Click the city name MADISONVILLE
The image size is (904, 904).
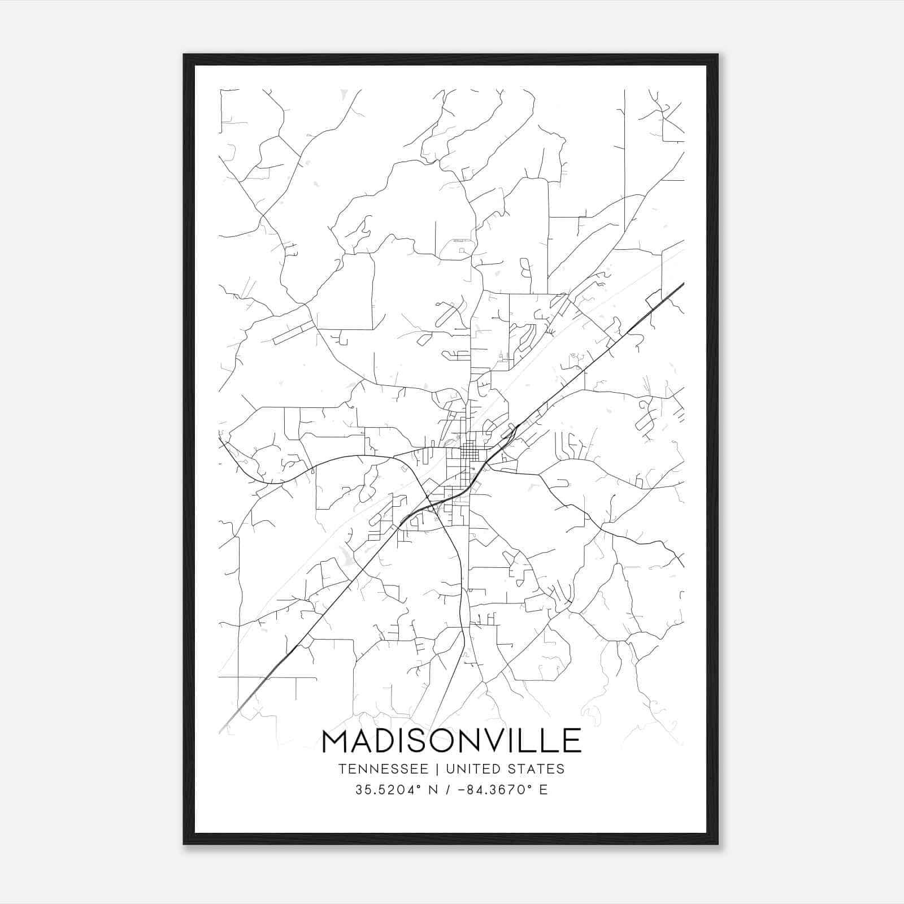click(451, 741)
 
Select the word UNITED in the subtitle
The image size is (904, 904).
click(472, 769)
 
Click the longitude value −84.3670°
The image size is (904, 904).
click(493, 789)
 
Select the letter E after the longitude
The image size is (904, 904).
click(544, 789)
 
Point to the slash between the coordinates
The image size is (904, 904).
click(447, 789)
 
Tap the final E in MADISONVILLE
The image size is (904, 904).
click(572, 741)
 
